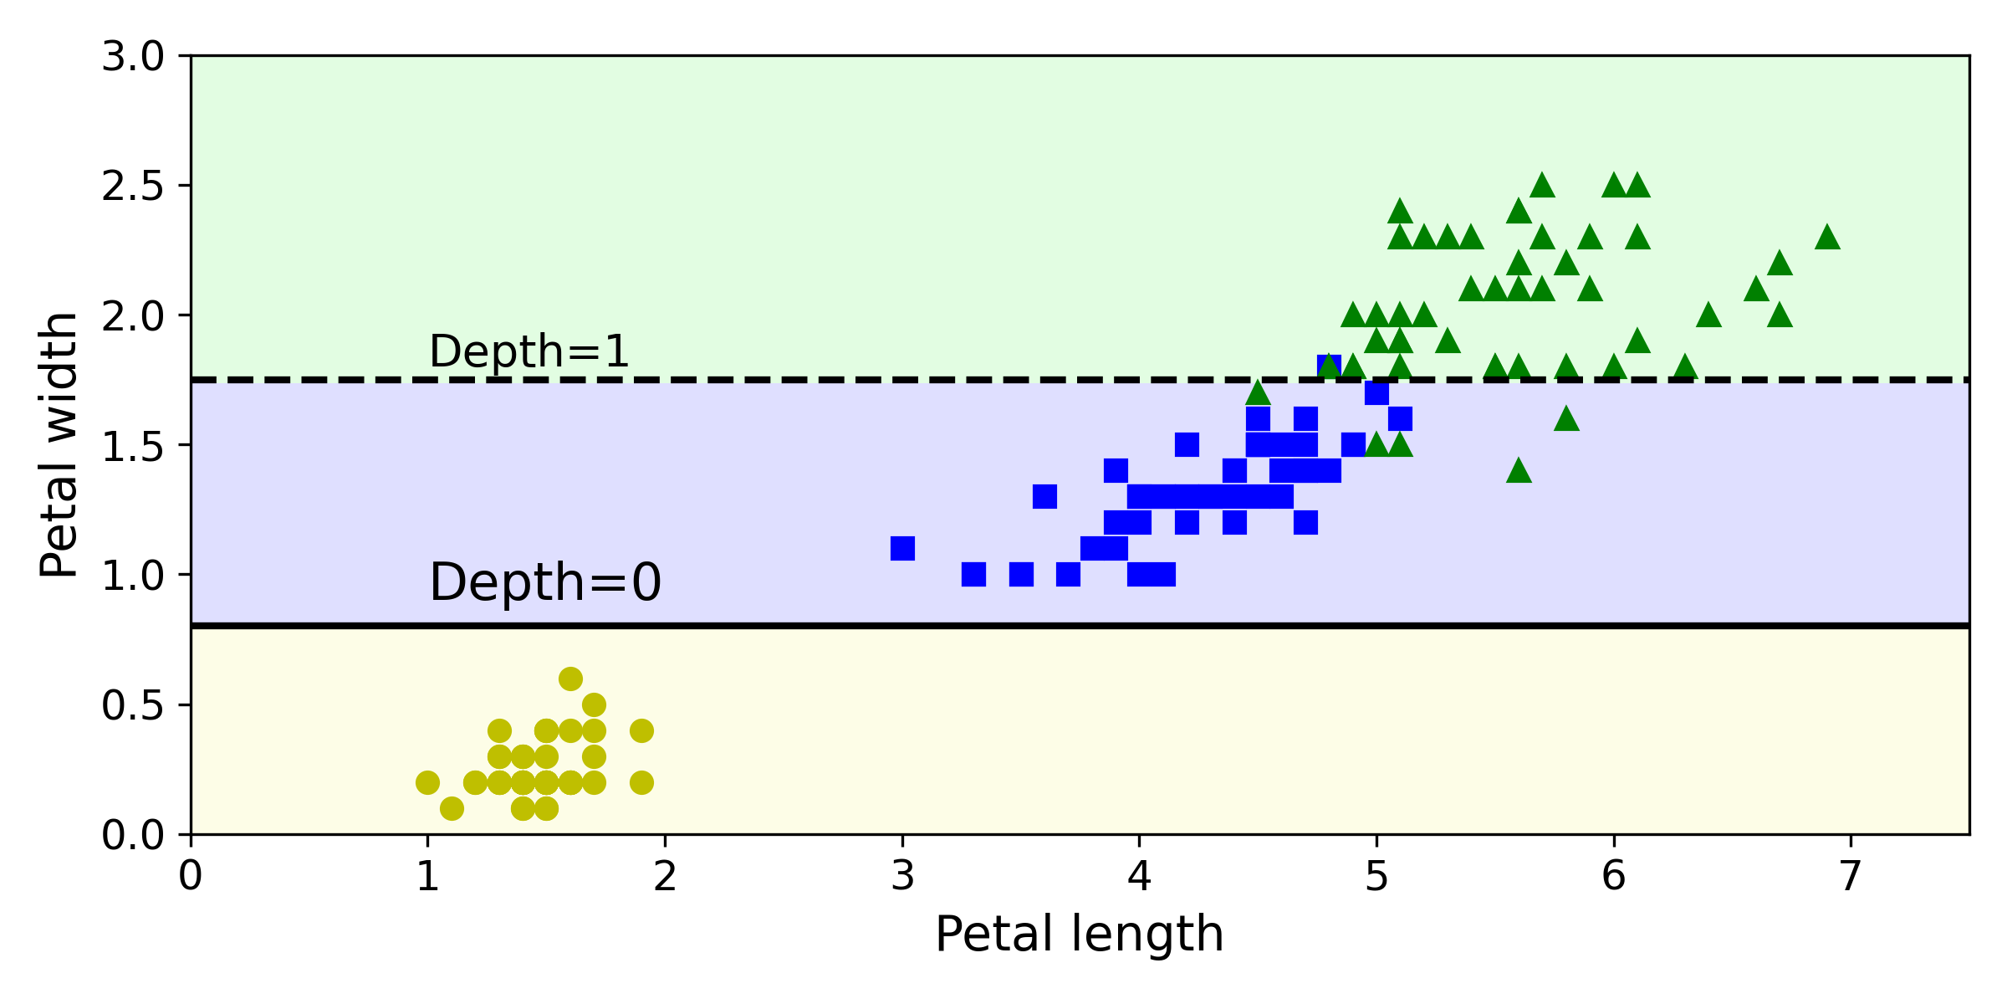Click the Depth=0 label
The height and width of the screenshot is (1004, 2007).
click(545, 582)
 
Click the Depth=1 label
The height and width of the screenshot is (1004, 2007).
click(529, 351)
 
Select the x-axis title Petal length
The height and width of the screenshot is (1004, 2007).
click(1079, 934)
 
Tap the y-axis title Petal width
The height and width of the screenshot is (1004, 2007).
click(59, 445)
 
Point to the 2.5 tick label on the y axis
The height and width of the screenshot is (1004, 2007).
click(132, 186)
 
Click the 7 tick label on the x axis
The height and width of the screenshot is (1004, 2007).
click(1851, 877)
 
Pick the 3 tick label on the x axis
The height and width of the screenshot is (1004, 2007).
click(902, 877)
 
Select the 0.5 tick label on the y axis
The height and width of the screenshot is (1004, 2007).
click(132, 705)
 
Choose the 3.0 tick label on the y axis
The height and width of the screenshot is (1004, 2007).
click(132, 57)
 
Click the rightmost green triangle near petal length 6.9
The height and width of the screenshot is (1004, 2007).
click(1827, 238)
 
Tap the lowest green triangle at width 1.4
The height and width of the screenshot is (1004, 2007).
click(1519, 471)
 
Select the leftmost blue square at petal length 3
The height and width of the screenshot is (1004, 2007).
click(902, 549)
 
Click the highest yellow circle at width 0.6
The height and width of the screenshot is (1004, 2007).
click(570, 679)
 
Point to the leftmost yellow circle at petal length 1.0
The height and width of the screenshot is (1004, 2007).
click(427, 782)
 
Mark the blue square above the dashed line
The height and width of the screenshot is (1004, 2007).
click(1329, 366)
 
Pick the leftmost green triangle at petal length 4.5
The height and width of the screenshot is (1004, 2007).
click(1258, 393)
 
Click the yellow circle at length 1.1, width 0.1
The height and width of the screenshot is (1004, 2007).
click(452, 808)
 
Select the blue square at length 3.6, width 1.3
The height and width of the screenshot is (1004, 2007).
click(1044, 497)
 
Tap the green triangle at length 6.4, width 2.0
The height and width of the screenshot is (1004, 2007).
click(1708, 315)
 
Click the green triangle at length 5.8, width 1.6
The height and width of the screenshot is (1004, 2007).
click(1566, 419)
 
